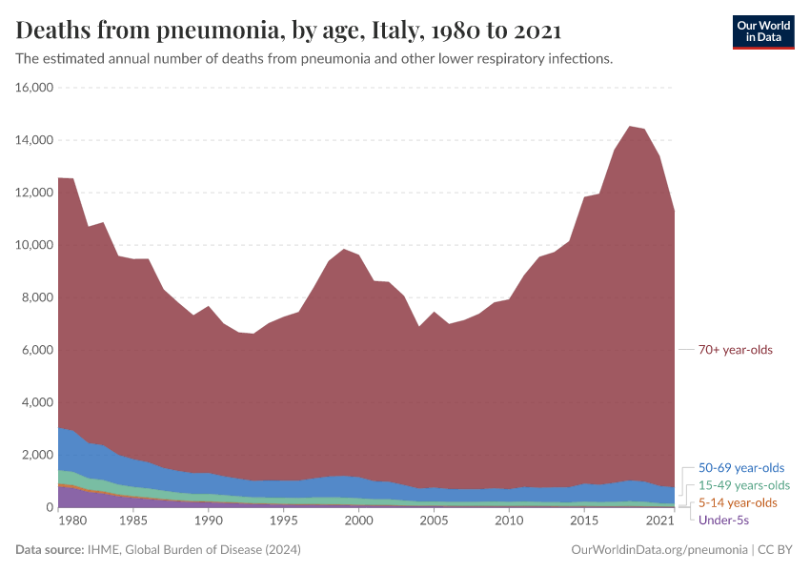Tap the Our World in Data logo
(762, 31)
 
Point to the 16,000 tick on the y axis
(34, 88)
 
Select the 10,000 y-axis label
(34, 245)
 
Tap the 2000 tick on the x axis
(358, 521)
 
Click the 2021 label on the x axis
(659, 521)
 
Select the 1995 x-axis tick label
(283, 521)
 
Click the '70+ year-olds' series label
(735, 350)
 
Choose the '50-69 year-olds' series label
(741, 468)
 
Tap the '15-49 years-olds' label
(744, 485)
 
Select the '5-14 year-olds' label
(738, 502)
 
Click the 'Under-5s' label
(723, 520)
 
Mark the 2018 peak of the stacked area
(629, 126)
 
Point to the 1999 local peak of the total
(344, 249)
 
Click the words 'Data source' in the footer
(49, 550)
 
